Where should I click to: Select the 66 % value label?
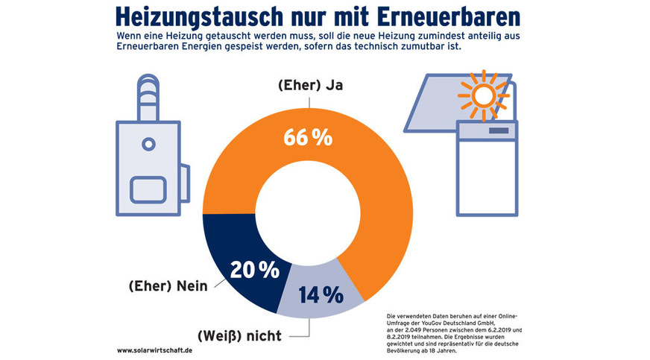tap(307, 139)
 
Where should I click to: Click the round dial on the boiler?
tap(148, 144)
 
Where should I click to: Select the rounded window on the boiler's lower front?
tap(148, 189)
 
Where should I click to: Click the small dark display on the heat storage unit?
tap(498, 131)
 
